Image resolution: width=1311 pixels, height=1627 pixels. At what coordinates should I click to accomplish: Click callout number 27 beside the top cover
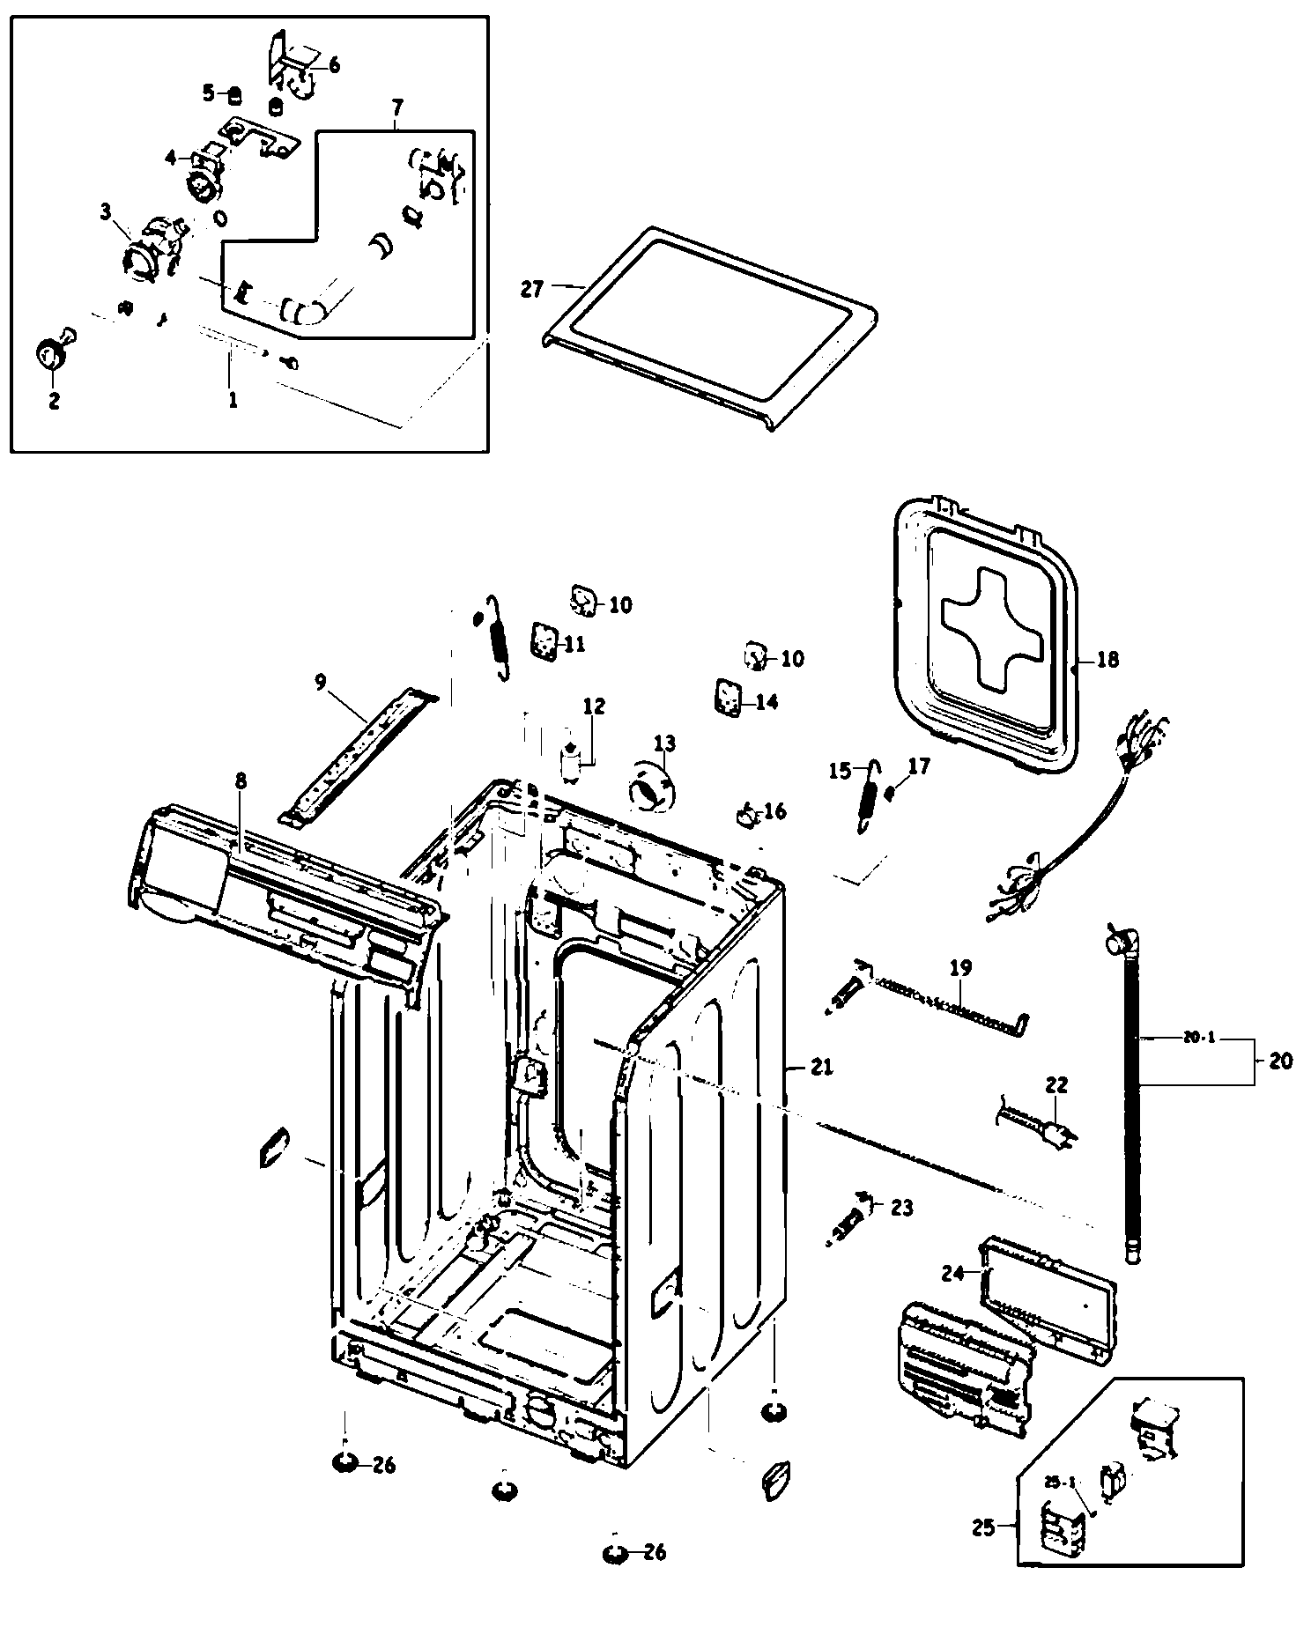click(530, 288)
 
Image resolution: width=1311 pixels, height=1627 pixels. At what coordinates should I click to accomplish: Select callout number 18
click(1107, 659)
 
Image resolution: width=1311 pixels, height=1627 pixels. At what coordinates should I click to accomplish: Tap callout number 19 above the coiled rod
click(960, 969)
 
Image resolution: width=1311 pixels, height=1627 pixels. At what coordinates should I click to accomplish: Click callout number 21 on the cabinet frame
click(820, 1067)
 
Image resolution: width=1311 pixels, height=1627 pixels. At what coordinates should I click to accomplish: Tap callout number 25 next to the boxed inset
click(984, 1527)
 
